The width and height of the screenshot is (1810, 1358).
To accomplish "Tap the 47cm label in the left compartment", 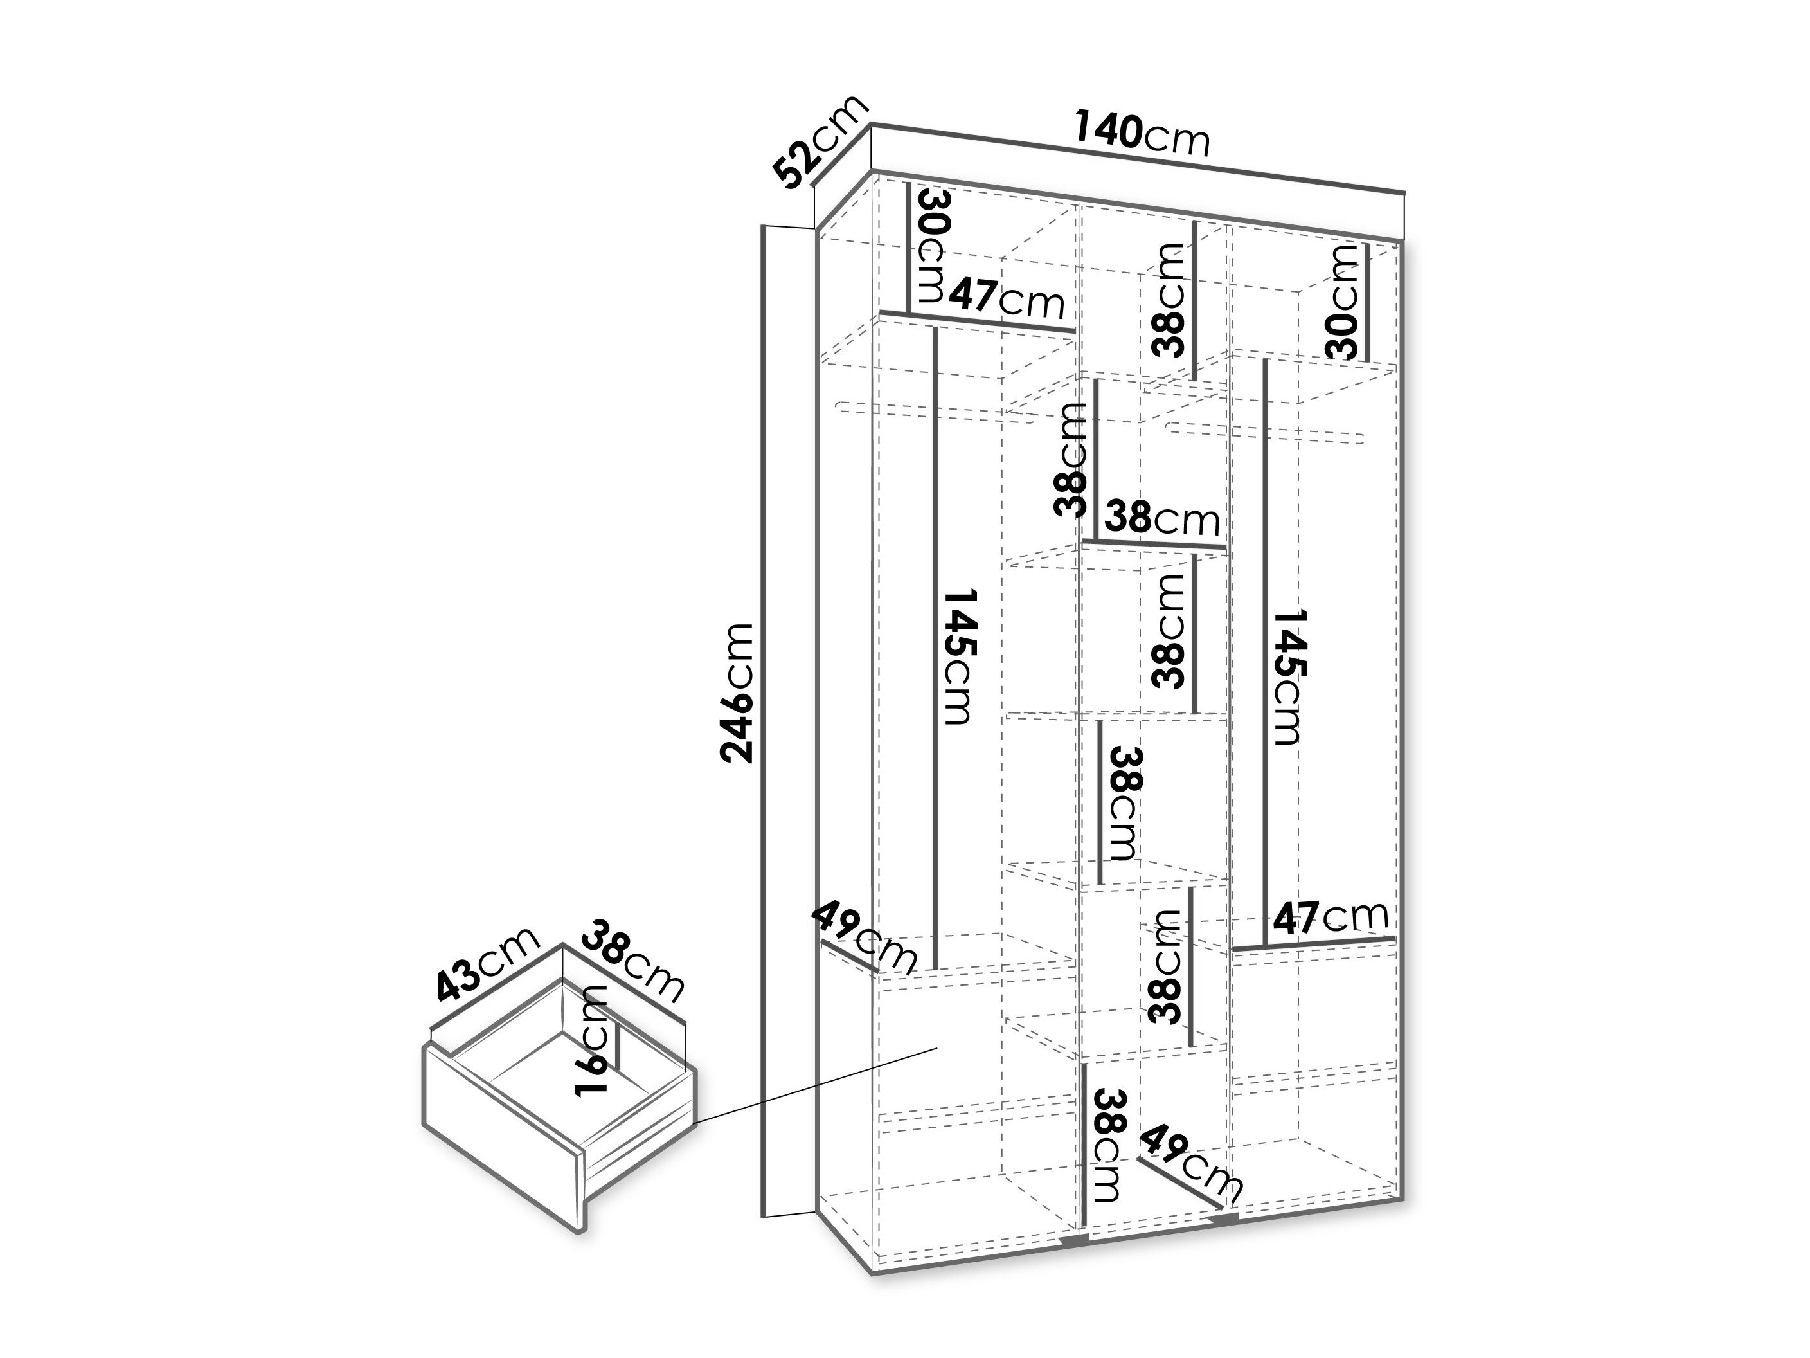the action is (x=1007, y=300).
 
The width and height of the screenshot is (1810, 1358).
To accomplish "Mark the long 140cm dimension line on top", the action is (x=1138, y=159).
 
